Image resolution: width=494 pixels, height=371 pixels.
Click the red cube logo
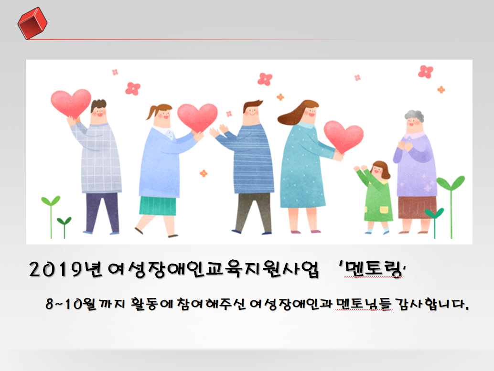(x=32, y=23)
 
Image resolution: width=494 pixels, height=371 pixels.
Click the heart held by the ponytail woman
(x=197, y=117)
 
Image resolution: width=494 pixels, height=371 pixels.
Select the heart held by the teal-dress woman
(x=344, y=136)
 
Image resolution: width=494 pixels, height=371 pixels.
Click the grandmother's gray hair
(x=414, y=116)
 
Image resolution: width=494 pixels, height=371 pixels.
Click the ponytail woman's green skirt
(x=158, y=206)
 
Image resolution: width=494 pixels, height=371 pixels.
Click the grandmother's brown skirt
(x=417, y=207)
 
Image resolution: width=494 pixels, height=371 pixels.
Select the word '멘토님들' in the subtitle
(x=364, y=304)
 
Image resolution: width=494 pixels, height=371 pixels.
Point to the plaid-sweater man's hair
(x=98, y=105)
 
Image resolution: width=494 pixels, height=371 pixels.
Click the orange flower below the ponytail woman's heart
(x=204, y=173)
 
